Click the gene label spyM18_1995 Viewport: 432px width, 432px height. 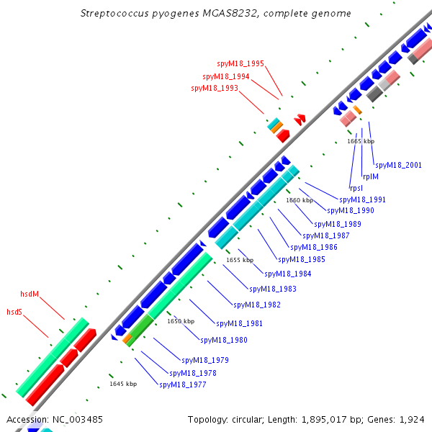[240, 63]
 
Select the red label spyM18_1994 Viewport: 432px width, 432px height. [226, 76]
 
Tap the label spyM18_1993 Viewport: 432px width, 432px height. [215, 88]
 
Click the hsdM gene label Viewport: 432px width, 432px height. [30, 294]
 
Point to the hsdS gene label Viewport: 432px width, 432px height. [14, 312]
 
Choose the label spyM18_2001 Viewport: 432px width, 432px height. [398, 165]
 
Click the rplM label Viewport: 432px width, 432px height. [371, 176]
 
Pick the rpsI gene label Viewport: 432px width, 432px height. [356, 187]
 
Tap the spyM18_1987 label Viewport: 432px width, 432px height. [326, 235]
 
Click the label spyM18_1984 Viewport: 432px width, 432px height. [288, 274]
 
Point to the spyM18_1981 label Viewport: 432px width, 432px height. [240, 323]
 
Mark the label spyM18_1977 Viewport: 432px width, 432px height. [183, 384]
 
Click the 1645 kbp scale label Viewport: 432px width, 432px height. [123, 384]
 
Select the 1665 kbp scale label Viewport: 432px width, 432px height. [361, 141]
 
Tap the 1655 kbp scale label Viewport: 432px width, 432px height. [240, 260]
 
